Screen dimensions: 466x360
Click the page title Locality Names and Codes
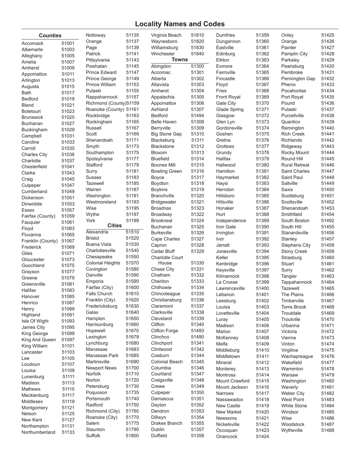click(180, 24)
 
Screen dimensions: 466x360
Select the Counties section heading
click(50, 36)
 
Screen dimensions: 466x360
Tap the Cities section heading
click(114, 225)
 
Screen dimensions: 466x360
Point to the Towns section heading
click(180, 60)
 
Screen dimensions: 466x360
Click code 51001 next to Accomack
click(68, 44)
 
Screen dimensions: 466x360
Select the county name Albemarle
click(32, 50)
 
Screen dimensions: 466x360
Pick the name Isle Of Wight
click(35, 321)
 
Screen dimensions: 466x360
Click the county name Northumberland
click(38, 432)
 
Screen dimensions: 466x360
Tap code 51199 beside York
click(132, 220)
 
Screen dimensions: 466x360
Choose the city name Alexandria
click(97, 232)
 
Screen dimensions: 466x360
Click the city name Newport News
click(101, 368)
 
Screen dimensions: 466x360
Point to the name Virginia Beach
click(166, 35)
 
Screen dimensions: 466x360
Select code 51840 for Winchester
click(197, 54)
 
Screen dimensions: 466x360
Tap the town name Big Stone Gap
click(166, 134)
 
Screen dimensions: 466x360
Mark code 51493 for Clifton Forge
click(197, 331)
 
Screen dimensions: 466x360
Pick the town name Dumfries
click(225, 35)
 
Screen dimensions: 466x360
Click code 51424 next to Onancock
click(262, 436)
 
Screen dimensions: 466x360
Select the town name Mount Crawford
click(233, 381)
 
